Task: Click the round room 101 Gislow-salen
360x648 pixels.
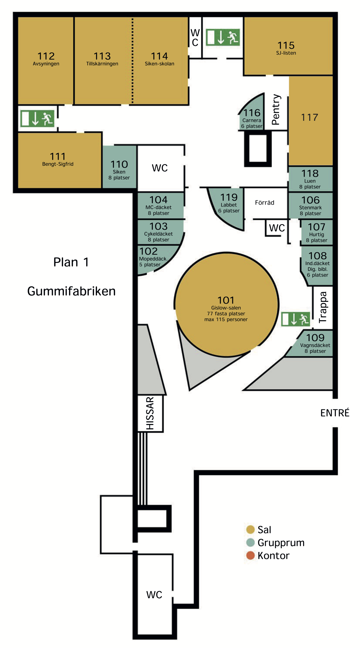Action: [x=226, y=304]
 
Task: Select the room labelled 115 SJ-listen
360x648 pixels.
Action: [x=288, y=46]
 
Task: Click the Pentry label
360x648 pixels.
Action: [x=276, y=109]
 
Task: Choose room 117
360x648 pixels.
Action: [x=311, y=120]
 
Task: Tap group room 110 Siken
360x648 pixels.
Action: [x=119, y=167]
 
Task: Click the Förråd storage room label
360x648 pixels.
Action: [x=264, y=202]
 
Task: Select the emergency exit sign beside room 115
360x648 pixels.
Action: [x=223, y=37]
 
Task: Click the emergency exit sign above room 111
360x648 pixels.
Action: [x=37, y=118]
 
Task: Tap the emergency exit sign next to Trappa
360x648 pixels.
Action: [x=296, y=319]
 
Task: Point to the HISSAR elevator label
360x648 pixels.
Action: [x=150, y=413]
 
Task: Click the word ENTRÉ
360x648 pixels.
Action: [x=335, y=413]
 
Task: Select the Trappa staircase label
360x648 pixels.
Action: [x=323, y=307]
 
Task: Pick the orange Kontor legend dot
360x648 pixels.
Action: [x=250, y=555]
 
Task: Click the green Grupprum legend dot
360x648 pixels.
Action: [x=250, y=542]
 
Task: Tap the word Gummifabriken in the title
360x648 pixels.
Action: [x=71, y=291]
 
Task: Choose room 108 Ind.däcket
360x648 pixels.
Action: [x=317, y=265]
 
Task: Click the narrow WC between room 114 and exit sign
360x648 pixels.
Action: [x=195, y=37]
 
